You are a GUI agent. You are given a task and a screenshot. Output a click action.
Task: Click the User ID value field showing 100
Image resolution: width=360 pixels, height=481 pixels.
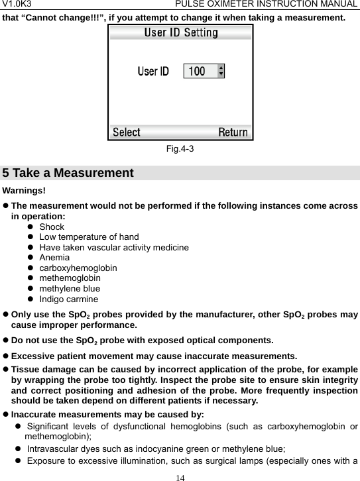[197, 70]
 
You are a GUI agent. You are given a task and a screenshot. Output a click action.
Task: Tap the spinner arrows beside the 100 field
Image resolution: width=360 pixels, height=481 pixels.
[221, 70]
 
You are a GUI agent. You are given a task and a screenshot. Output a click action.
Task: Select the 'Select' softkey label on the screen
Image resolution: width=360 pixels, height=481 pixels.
[127, 132]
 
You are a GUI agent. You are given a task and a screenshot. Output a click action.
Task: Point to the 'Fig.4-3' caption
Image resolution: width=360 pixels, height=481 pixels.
[180, 149]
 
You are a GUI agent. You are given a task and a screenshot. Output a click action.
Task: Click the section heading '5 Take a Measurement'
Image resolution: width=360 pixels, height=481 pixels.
[68, 174]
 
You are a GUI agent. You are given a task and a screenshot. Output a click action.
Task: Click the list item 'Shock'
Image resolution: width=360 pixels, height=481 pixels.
[52, 227]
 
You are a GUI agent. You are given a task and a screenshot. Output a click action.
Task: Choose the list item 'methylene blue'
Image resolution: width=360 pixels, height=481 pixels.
[70, 289]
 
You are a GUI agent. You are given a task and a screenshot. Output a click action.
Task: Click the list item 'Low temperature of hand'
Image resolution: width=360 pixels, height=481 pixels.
[89, 237]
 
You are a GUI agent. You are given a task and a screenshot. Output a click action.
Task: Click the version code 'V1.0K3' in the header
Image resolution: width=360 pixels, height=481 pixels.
[17, 5]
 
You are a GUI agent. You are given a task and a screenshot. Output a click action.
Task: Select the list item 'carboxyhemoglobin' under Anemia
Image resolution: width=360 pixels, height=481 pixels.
[78, 268]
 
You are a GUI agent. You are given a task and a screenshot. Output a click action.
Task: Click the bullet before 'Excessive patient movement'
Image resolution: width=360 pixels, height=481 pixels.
[6, 356]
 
